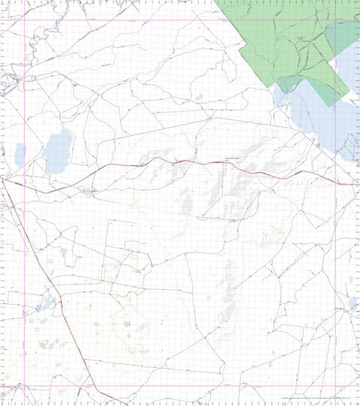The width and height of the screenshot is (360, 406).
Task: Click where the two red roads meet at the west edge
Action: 3,179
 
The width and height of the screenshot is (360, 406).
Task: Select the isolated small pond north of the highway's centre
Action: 199,97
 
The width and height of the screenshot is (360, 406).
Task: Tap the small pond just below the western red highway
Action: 91,193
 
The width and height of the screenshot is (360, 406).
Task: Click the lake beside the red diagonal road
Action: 46,304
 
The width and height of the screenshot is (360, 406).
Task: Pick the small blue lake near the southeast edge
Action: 352,303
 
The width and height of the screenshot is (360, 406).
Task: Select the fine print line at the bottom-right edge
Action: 315,398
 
